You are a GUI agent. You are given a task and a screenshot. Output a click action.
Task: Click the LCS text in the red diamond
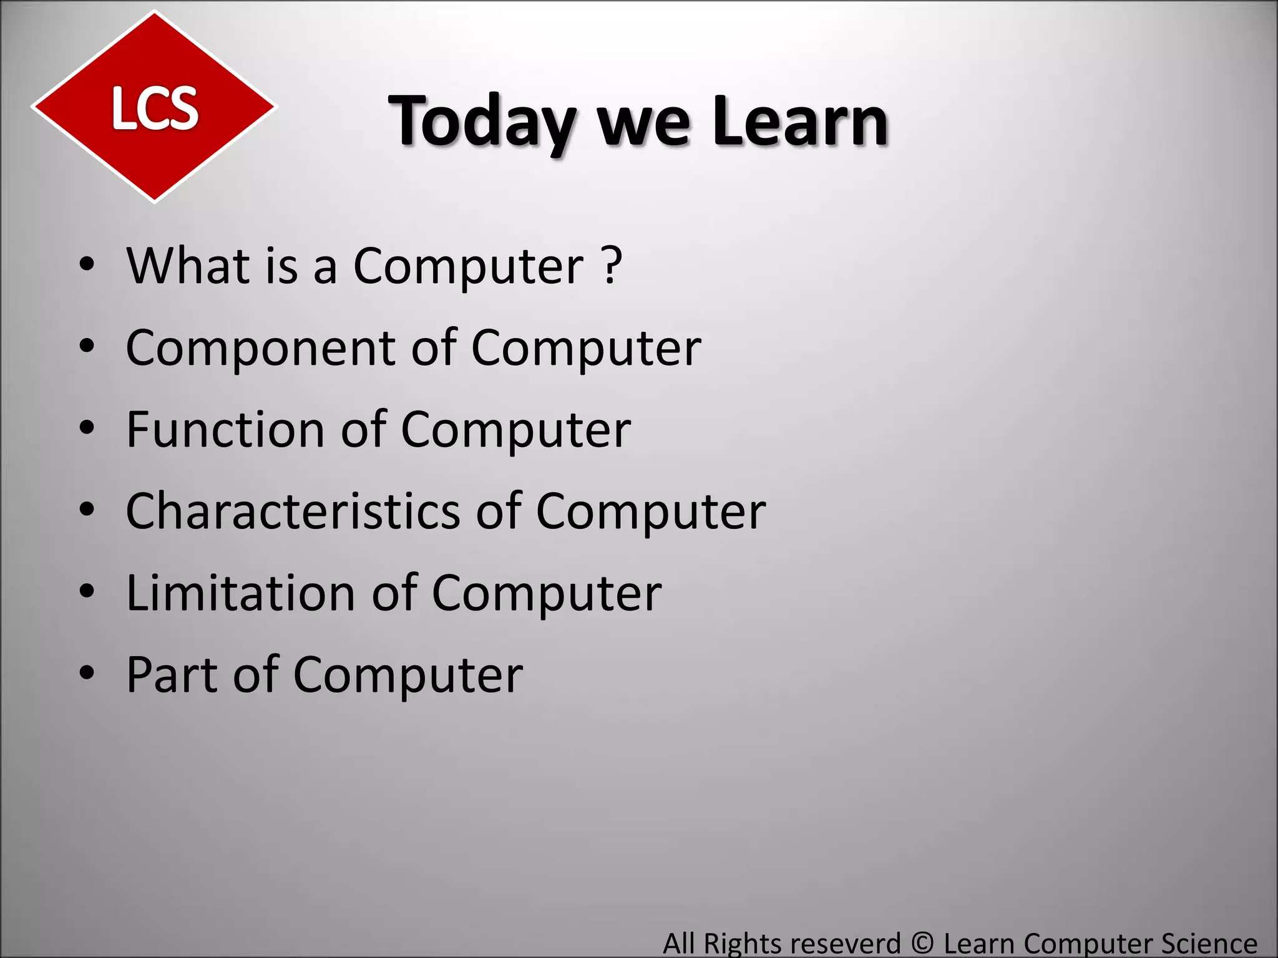click(155, 109)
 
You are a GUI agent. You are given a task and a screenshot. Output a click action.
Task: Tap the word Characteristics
click(293, 511)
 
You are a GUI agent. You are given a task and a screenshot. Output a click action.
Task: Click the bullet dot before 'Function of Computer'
click(87, 429)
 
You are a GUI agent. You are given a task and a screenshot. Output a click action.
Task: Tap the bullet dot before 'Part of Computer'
click(87, 674)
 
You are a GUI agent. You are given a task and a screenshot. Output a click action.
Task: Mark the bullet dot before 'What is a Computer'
click(87, 266)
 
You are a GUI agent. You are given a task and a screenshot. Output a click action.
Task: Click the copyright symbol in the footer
click(922, 943)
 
